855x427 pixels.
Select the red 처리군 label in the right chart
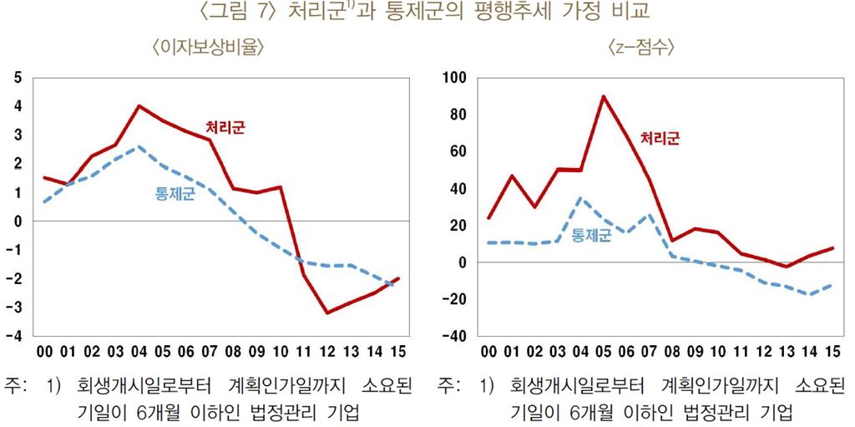pyautogui.click(x=660, y=139)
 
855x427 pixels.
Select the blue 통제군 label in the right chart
pyautogui.click(x=591, y=236)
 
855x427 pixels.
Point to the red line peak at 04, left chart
pyautogui.click(x=139, y=106)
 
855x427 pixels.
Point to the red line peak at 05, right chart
pyautogui.click(x=603, y=96)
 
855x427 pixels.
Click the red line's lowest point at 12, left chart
pyautogui.click(x=327, y=313)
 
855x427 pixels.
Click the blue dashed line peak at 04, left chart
pyautogui.click(x=139, y=147)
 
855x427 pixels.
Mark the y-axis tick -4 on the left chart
pyautogui.click(x=15, y=336)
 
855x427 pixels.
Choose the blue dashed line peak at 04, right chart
pyautogui.click(x=580, y=198)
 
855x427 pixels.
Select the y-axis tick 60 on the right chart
pyautogui.click(x=458, y=151)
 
